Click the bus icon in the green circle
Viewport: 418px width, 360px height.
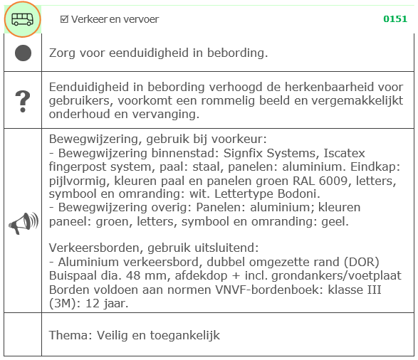coord(22,19)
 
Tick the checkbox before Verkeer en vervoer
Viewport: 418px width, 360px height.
coord(64,19)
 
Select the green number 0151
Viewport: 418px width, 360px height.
coord(395,19)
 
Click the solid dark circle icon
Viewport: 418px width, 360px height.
coord(23,53)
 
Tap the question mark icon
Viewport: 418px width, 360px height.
coord(23,100)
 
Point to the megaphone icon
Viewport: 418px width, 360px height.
coord(23,223)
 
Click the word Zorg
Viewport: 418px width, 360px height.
coord(61,53)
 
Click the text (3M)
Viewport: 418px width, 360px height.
coord(63,304)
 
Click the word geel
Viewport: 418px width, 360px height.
coord(334,222)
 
